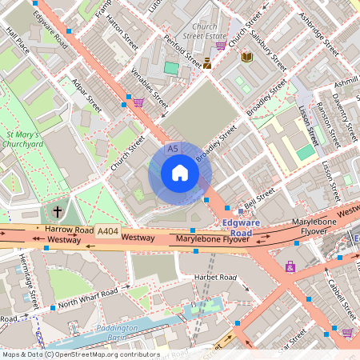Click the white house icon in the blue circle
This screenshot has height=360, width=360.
(x=180, y=173)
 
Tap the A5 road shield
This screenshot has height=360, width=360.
(x=172, y=149)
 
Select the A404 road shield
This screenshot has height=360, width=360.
(x=107, y=231)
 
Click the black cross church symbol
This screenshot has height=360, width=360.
(x=57, y=212)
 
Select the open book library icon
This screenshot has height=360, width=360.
(x=247, y=56)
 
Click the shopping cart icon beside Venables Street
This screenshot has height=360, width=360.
(x=138, y=102)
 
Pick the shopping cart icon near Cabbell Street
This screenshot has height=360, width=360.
(x=346, y=332)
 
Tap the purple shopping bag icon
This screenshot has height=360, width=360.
(x=290, y=266)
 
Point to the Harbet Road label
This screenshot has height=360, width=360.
(x=216, y=277)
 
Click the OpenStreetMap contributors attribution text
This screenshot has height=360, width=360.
(x=80, y=354)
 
